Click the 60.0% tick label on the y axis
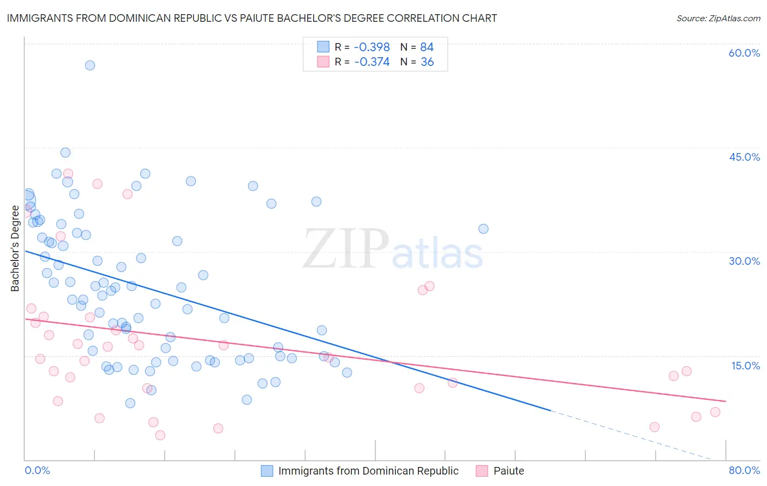[x=744, y=53]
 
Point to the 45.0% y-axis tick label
[x=744, y=157]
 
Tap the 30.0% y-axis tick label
[x=744, y=261]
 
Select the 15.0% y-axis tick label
[x=745, y=366]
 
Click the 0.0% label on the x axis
[x=37, y=470]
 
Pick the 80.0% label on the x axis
[x=744, y=470]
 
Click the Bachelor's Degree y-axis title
[x=15, y=248]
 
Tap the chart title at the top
[x=251, y=18]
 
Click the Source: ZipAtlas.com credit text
[x=718, y=19]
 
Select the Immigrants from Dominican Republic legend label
[x=368, y=471]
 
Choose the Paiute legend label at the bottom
[x=508, y=471]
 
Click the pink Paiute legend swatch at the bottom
[x=482, y=471]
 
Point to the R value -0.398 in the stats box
[x=372, y=47]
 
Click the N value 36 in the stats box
[x=427, y=62]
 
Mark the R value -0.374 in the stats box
[x=372, y=62]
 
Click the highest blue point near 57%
[x=90, y=65]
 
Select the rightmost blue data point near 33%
[x=483, y=229]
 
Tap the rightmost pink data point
[x=715, y=412]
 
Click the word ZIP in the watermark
[x=345, y=250]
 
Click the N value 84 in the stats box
[x=427, y=47]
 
